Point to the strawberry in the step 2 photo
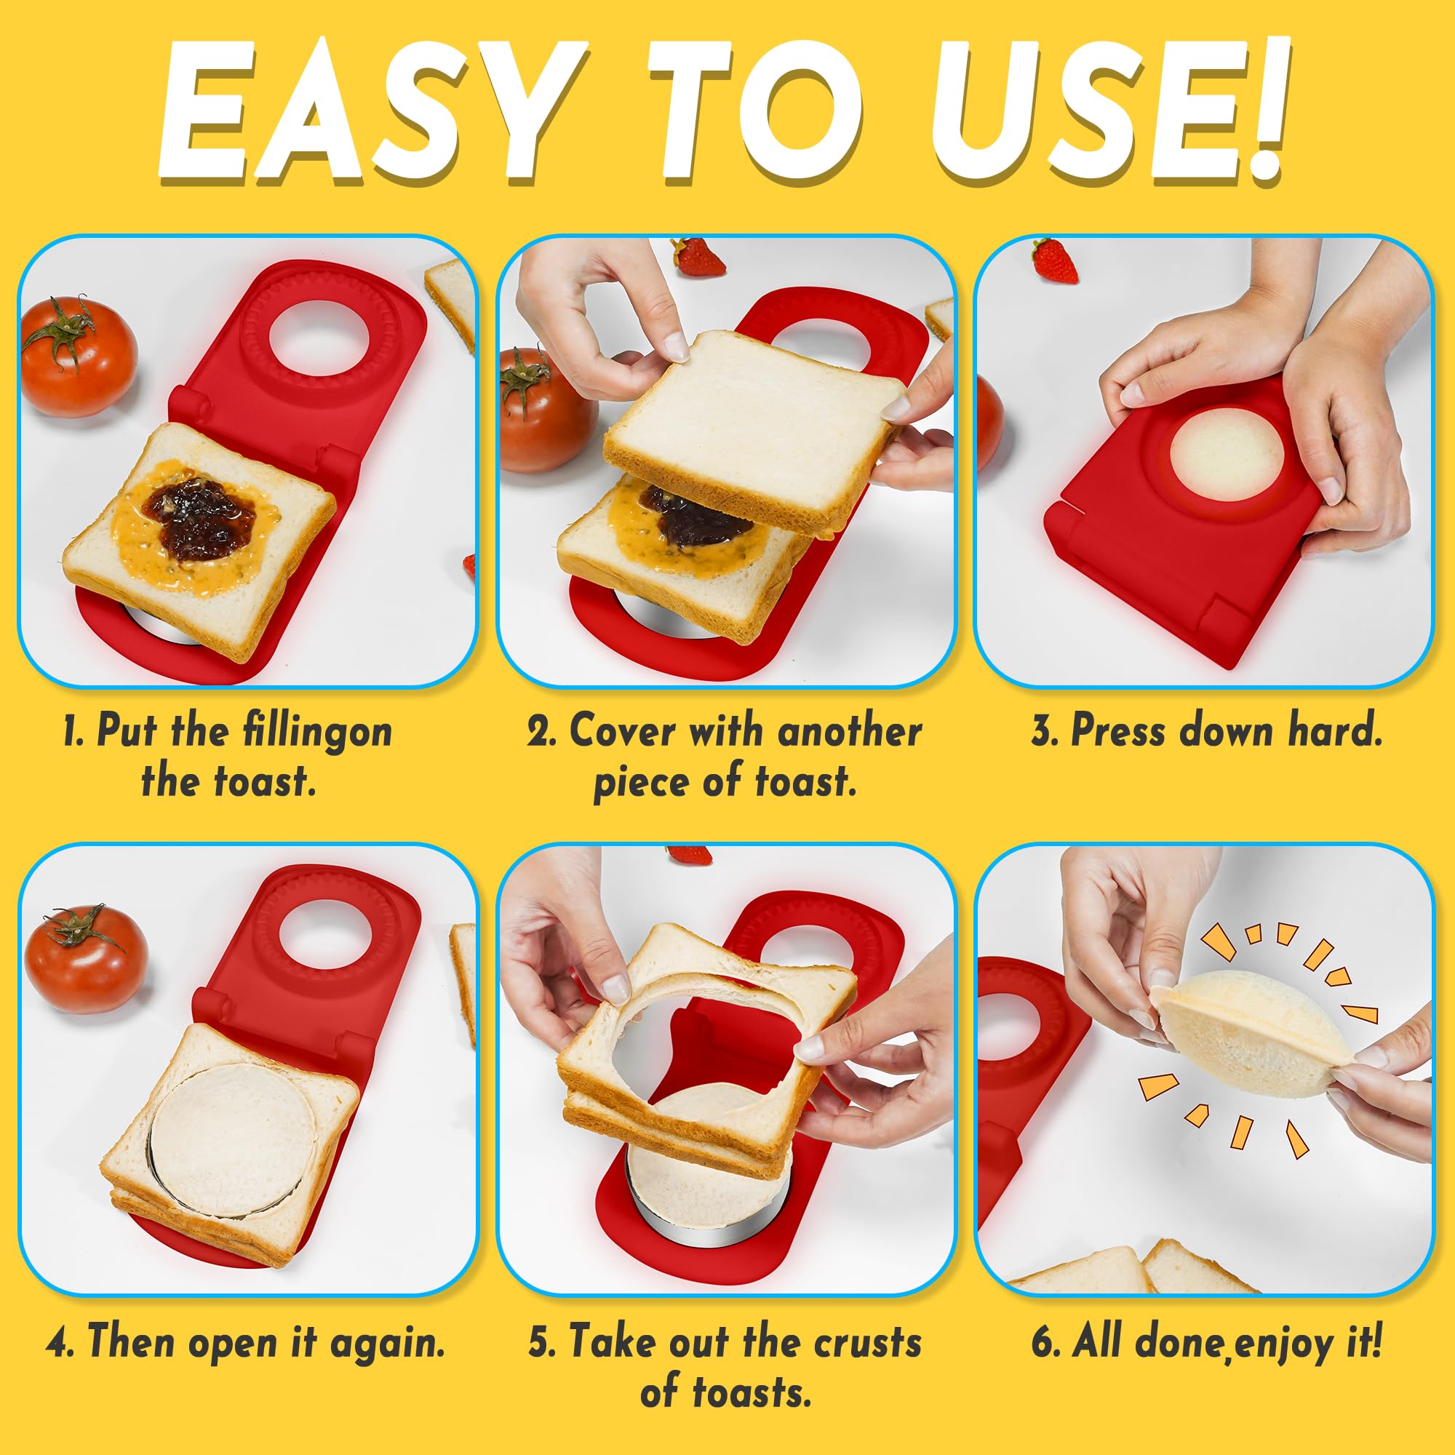coord(698,257)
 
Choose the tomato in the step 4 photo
coord(85,959)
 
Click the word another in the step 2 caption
coord(850,730)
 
